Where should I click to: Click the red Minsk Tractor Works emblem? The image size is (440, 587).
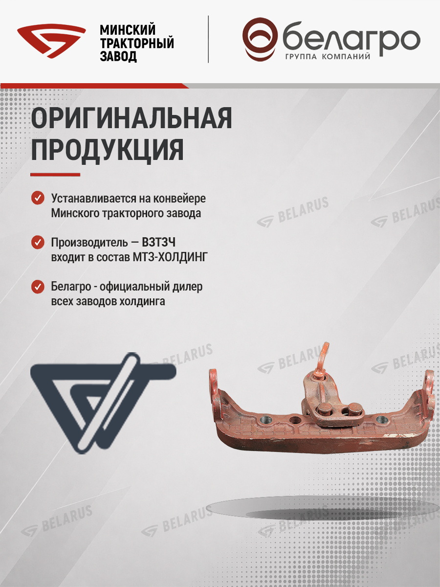pos(51,42)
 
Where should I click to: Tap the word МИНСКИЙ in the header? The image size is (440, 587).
pos(128,30)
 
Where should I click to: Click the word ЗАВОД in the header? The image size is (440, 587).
pos(118,56)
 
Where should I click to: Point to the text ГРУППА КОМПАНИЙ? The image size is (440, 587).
pos(328,57)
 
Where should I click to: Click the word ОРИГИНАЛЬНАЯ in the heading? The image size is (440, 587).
pos(132,118)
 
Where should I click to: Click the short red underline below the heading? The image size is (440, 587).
pos(55,175)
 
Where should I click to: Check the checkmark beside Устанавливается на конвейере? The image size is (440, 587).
pos(38,198)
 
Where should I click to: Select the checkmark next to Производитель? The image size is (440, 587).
pos(38,242)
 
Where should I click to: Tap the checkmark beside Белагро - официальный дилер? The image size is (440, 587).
pos(38,287)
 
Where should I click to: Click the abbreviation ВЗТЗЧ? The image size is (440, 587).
pos(159,243)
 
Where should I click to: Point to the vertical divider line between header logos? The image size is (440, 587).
pos(208,39)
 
